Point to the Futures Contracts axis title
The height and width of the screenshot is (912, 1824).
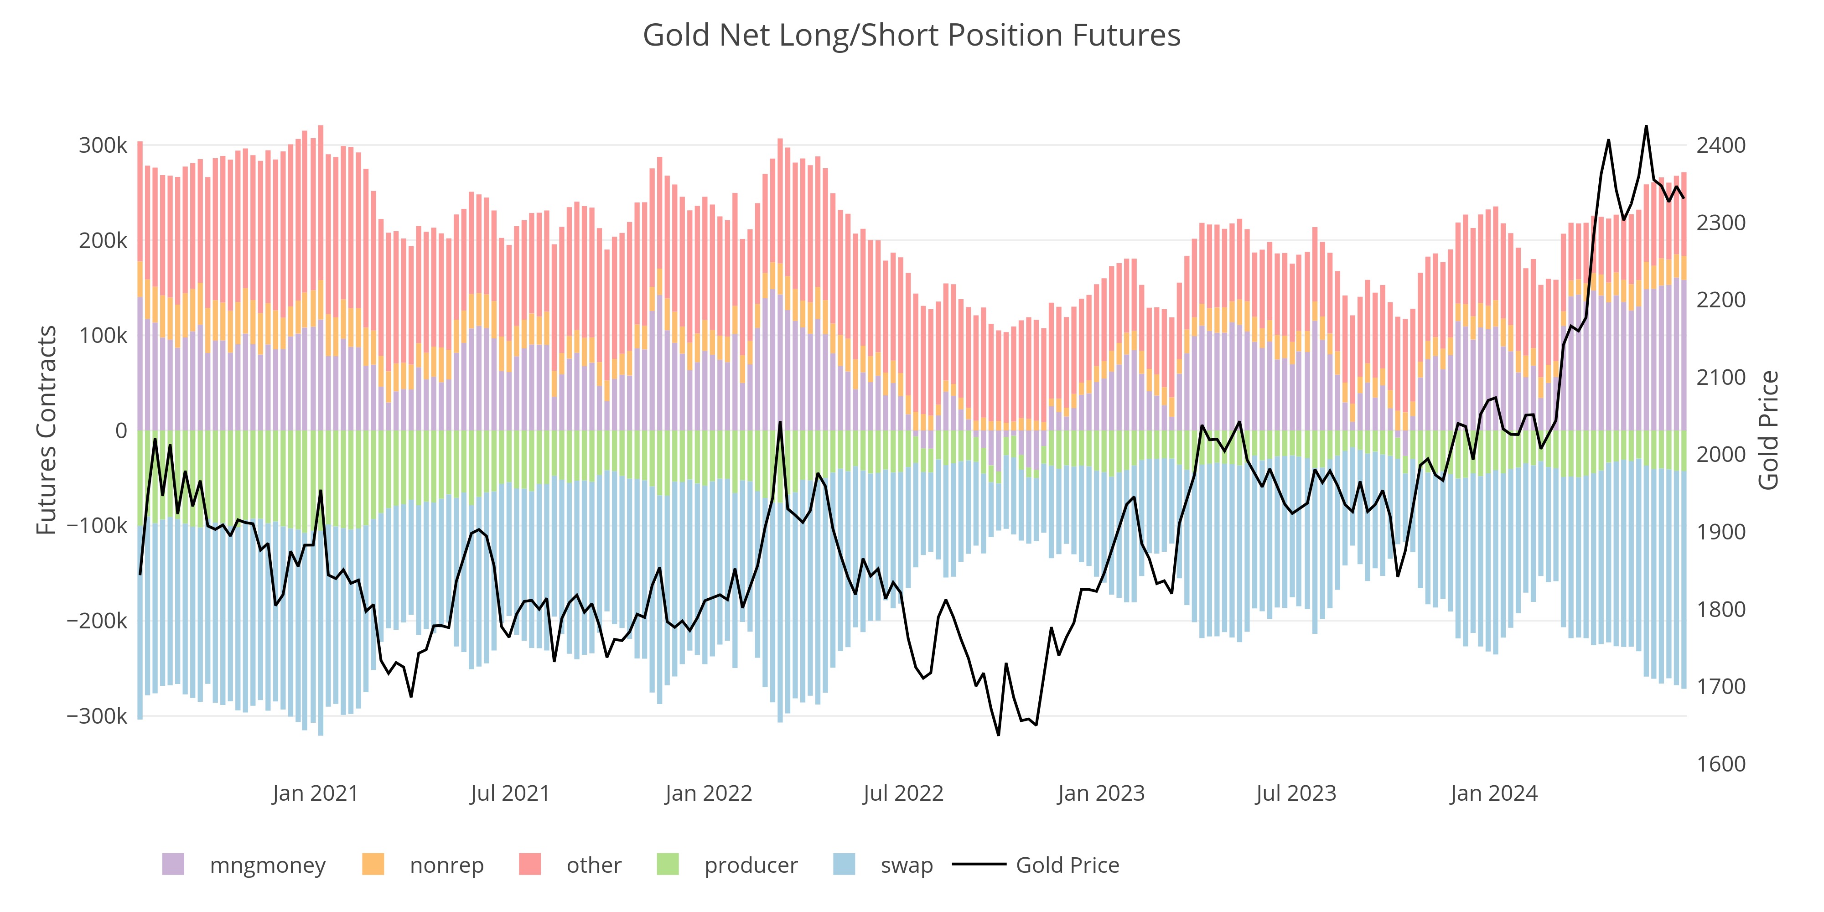tap(47, 430)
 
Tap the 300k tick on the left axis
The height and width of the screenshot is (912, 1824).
tap(103, 146)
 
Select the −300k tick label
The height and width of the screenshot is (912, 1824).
tap(97, 716)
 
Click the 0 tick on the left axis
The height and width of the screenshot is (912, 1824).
tap(121, 430)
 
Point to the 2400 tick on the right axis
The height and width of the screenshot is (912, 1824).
tap(1720, 146)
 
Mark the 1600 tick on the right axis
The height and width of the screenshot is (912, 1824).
tap(1720, 764)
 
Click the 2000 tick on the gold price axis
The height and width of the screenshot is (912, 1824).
tap(1720, 455)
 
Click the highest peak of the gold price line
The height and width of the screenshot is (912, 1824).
tap(1646, 126)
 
